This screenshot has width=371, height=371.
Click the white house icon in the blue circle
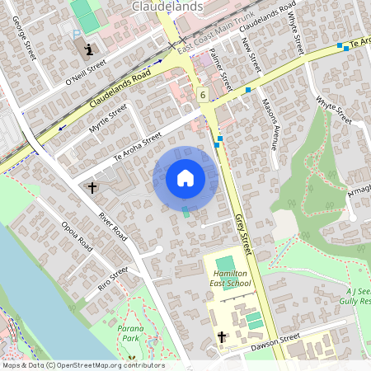click(185, 177)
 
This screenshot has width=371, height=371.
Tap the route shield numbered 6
click(203, 95)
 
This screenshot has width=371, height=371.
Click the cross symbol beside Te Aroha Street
click(92, 188)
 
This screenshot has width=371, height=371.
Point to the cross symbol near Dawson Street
click(222, 337)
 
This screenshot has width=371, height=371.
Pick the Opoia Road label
click(77, 235)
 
